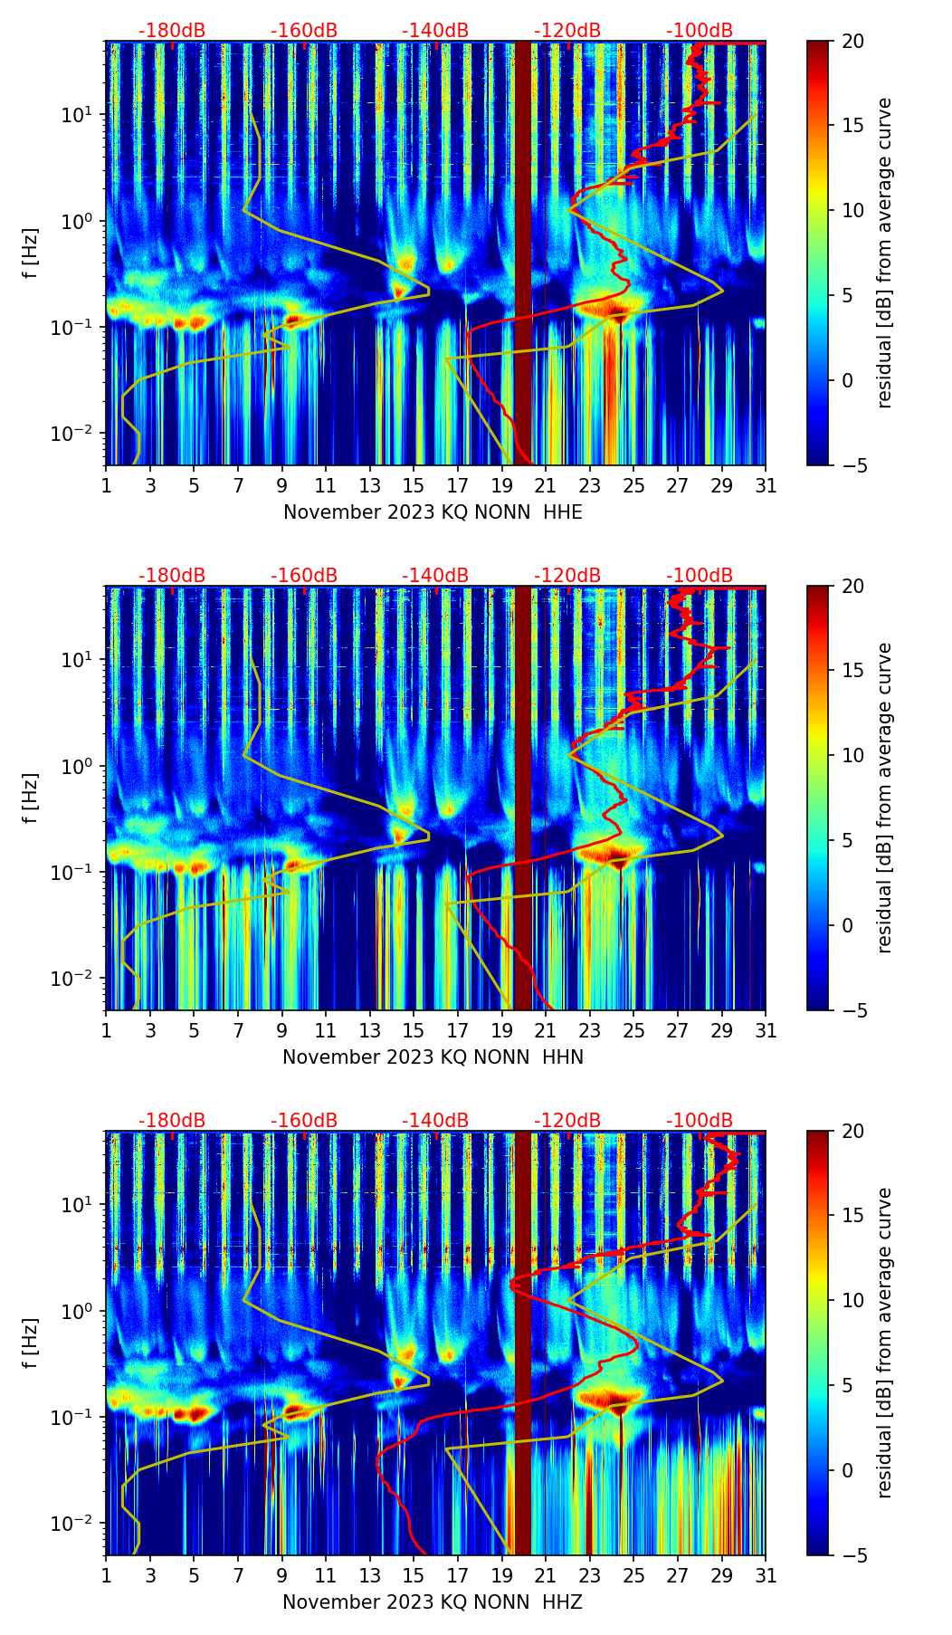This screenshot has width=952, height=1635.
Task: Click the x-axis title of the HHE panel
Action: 433,512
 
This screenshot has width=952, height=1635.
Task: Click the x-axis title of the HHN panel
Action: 433,1057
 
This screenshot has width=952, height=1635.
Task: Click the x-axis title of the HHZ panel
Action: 433,1602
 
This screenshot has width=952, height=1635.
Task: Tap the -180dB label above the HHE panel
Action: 172,31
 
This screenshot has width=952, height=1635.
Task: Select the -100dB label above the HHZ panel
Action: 700,1121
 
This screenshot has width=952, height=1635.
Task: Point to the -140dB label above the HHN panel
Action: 435,576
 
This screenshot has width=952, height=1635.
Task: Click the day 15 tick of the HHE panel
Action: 414,485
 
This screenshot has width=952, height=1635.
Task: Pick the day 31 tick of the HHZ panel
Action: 766,1575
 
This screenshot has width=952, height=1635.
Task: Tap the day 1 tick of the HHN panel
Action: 107,1030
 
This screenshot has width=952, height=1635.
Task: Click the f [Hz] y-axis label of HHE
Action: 32,253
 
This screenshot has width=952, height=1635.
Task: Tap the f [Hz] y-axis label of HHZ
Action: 32,1343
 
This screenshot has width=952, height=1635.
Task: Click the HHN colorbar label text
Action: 884,798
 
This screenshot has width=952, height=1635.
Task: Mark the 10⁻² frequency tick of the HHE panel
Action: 76,435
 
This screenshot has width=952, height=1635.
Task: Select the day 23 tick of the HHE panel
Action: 590,485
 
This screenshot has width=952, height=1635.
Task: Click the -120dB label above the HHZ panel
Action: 567,1121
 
